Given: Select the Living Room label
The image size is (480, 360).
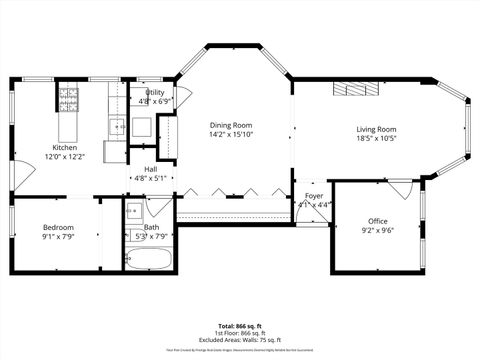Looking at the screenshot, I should (377, 129).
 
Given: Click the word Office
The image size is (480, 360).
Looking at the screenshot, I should (377, 221).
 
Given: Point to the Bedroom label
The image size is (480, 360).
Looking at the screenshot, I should (57, 228).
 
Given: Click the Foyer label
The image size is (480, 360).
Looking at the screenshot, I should (314, 196).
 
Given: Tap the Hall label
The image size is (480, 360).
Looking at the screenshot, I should (149, 170).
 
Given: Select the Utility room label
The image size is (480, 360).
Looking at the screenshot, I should (155, 93).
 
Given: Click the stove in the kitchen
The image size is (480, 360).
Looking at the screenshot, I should (69, 99).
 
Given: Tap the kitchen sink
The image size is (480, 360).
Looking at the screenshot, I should (116, 126).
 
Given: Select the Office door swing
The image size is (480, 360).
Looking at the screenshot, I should (400, 189).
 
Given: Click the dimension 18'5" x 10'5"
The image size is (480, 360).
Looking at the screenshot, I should (377, 138).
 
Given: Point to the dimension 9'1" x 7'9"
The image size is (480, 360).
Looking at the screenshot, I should (57, 237).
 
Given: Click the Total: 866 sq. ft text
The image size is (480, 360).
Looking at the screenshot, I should (240, 326).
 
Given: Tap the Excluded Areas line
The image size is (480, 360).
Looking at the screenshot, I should (240, 340).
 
